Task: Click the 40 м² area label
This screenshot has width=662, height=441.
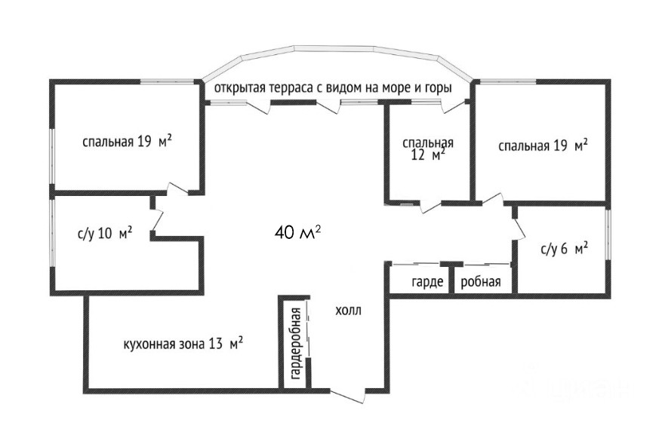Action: coord(297,231)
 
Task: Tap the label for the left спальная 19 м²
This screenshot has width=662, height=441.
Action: coord(127,142)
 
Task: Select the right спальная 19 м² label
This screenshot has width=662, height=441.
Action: coord(543,146)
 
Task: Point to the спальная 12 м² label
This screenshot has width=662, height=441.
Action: coord(428,149)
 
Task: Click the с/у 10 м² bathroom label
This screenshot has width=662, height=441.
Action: coord(105,233)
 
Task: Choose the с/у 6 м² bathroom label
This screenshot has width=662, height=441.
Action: coord(565,250)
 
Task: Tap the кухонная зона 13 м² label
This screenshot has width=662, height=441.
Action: coord(183,344)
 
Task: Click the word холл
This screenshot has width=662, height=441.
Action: coord(348,311)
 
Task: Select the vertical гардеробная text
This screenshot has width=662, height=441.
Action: coord(297,344)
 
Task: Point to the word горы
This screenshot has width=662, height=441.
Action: coord(439,88)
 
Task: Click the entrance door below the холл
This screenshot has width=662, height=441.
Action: coord(348,396)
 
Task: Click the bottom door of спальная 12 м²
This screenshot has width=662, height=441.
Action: coord(430,206)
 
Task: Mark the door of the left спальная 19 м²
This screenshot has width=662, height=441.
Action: coord(177,189)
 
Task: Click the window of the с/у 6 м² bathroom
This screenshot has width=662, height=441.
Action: coord(608,234)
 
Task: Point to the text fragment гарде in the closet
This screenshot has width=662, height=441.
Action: coord(427,282)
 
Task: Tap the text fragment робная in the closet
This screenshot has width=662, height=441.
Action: coord(481,282)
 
